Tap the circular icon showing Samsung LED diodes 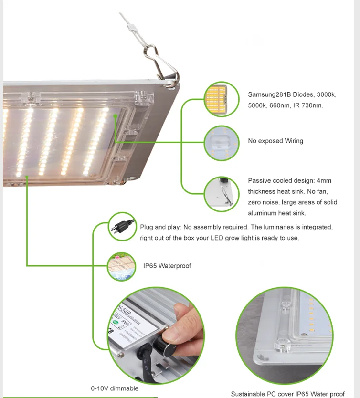coord(222,99)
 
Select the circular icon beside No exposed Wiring coord(222,142)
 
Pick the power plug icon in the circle coord(122,228)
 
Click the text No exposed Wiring coord(275,141)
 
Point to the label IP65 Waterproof coord(167,266)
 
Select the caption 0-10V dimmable coord(115,388)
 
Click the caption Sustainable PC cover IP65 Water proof coord(287,394)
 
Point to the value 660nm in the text coord(280,105)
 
